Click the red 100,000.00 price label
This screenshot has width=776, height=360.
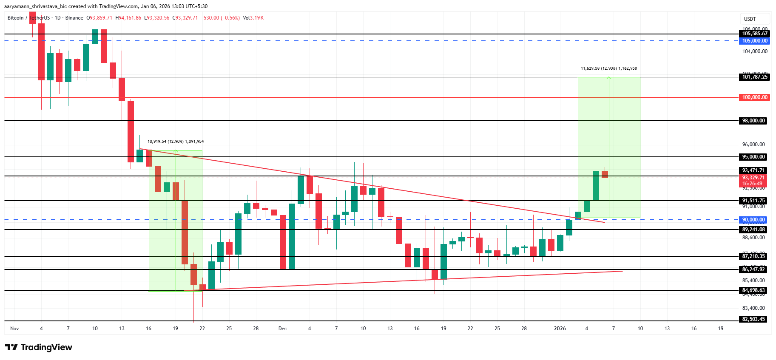(x=755, y=97)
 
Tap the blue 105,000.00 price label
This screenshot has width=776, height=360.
(x=755, y=41)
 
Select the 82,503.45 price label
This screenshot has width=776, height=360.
(x=753, y=319)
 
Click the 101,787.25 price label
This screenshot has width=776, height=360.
(x=755, y=77)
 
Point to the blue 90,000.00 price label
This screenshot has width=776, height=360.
(x=753, y=220)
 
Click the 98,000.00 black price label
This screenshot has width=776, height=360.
(x=753, y=121)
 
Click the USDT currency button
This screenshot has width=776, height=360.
(x=750, y=19)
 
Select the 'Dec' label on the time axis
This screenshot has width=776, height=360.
(x=282, y=329)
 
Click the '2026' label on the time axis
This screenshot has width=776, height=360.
(x=560, y=329)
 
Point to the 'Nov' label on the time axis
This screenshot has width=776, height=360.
(x=14, y=329)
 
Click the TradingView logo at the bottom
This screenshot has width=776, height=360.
(x=39, y=347)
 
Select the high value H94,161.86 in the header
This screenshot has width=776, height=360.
(x=128, y=18)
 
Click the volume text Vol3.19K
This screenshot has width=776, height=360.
(x=253, y=18)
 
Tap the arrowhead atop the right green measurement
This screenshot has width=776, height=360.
(x=609, y=78)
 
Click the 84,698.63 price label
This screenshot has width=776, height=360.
(x=753, y=291)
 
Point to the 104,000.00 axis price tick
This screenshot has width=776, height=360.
(x=755, y=51)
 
